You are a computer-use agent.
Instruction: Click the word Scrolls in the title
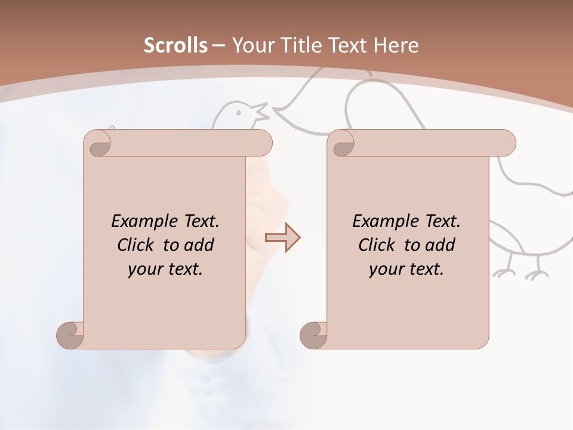(175, 45)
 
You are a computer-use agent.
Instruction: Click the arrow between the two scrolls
(283, 238)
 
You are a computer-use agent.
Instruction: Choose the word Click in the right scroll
(377, 245)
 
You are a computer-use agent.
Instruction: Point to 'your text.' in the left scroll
(165, 269)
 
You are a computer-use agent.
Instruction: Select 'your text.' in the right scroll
(406, 269)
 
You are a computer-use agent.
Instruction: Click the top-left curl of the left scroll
(99, 145)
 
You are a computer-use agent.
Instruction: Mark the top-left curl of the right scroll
(343, 145)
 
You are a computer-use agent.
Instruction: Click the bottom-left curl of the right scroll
(315, 334)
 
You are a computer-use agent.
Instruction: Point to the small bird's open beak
(261, 111)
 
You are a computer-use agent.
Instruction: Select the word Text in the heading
(348, 45)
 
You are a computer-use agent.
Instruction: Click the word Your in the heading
(254, 45)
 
